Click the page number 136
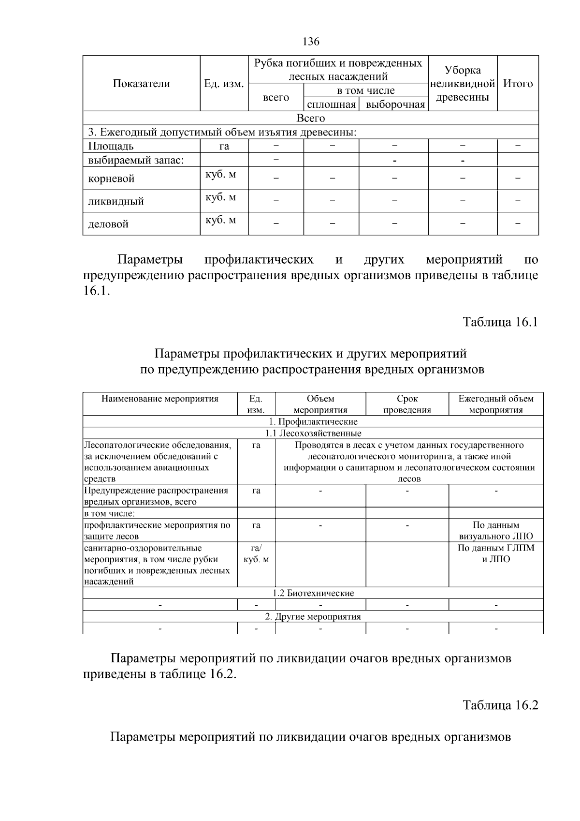click(x=311, y=42)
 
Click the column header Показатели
click(x=141, y=84)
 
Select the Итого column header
click(x=518, y=84)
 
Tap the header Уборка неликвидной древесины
click(x=462, y=84)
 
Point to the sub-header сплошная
click(x=331, y=104)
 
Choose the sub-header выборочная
click(x=395, y=104)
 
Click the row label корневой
click(x=111, y=179)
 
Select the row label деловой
click(x=108, y=224)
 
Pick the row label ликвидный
click(x=116, y=201)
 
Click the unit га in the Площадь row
click(x=224, y=146)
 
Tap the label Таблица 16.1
click(x=500, y=322)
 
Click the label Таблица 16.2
click(x=500, y=705)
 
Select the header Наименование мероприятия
click(x=159, y=399)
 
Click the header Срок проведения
click(x=407, y=404)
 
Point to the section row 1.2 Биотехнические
click(x=313, y=593)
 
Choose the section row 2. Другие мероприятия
click(x=313, y=617)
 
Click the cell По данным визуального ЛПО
click(x=496, y=531)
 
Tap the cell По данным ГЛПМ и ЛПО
click(x=496, y=553)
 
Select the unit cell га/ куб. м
click(x=256, y=553)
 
